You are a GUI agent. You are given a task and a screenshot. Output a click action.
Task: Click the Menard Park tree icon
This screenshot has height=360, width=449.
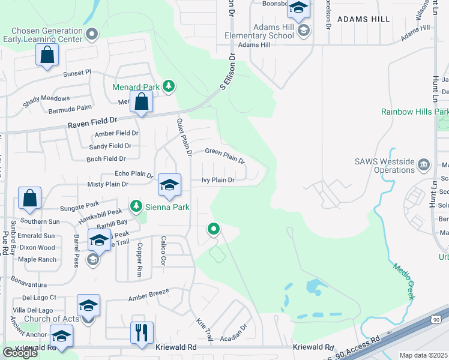click(x=169, y=87)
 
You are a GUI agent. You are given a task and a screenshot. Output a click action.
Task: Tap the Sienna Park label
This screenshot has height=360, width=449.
click(x=167, y=208)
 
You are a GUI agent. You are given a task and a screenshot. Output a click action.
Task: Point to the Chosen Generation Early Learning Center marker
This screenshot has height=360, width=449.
click(x=92, y=34)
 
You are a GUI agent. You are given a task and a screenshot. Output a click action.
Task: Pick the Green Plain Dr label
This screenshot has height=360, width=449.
click(x=225, y=156)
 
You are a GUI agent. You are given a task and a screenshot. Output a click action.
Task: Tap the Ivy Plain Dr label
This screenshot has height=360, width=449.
click(x=217, y=179)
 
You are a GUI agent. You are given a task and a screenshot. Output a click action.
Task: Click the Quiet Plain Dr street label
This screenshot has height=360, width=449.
click(x=184, y=137)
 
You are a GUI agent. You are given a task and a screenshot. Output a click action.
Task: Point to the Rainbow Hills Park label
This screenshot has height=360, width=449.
click(x=414, y=112)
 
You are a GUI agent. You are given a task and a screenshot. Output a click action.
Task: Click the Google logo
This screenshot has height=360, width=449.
click(x=20, y=352)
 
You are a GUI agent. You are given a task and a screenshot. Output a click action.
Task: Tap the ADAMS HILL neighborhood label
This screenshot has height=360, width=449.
click(x=364, y=19)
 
